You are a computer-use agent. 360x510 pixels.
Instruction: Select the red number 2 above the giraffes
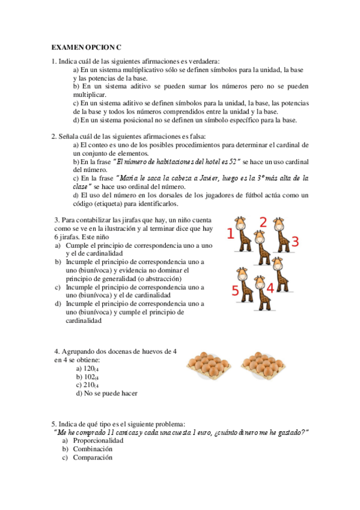(x=263, y=222)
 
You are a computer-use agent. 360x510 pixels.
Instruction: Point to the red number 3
(x=294, y=241)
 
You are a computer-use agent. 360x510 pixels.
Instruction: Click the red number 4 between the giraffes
(x=270, y=288)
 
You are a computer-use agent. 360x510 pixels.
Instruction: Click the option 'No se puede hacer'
(x=106, y=393)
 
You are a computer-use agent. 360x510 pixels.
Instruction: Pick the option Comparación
(x=93, y=457)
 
